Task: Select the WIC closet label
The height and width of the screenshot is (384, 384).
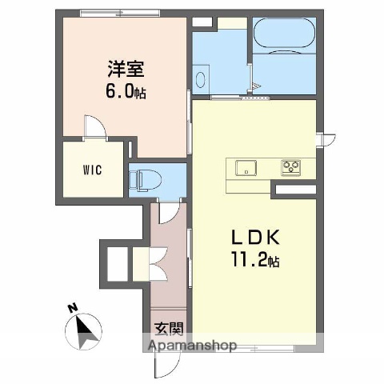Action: (90, 170)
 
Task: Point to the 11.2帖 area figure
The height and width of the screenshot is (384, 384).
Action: (256, 260)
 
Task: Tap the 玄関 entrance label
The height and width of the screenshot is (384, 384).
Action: (170, 327)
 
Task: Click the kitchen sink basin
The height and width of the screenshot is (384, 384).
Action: (245, 167)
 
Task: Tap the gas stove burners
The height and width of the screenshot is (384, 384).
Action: (290, 167)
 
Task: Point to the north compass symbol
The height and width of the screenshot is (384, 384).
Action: (85, 330)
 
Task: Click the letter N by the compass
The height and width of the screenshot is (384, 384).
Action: (72, 307)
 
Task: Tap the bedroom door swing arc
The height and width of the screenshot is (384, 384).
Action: (94, 127)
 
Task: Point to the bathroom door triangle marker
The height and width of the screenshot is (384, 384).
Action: (255, 86)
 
